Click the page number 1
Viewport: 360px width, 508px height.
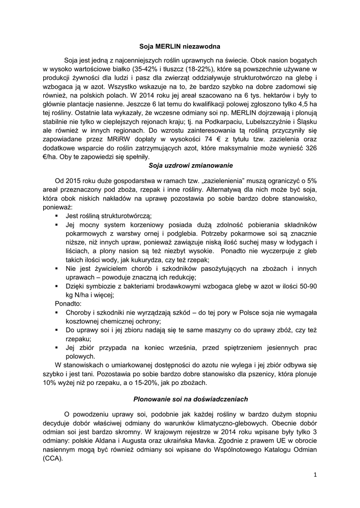[x=315, y=475]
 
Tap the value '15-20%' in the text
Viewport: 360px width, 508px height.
[x=165, y=383]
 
